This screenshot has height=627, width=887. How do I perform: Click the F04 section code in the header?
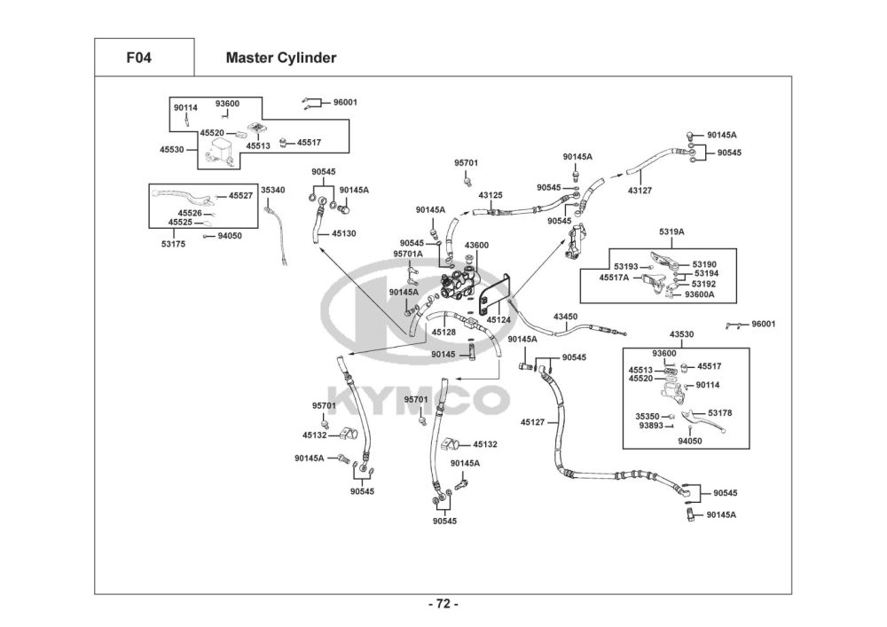(138, 59)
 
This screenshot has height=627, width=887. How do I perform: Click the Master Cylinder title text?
(280, 59)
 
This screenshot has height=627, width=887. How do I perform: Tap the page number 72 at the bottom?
(443, 604)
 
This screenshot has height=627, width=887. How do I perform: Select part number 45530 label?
(172, 150)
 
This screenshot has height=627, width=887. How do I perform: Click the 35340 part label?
(272, 190)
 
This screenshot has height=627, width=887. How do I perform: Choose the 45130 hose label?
(344, 233)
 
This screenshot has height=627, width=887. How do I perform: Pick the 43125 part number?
(491, 194)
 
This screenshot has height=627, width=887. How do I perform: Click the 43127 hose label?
(640, 190)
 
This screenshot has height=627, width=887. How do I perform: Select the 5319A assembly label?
(671, 232)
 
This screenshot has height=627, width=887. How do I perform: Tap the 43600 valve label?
(476, 246)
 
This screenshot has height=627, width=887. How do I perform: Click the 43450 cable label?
(565, 316)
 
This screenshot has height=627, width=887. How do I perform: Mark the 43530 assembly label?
(681, 334)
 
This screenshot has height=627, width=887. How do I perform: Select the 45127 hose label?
(533, 422)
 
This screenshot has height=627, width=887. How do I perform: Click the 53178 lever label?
(720, 413)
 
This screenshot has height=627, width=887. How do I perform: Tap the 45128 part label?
(443, 332)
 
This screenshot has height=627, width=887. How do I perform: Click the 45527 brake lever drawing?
(182, 195)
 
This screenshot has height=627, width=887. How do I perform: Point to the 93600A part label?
(700, 295)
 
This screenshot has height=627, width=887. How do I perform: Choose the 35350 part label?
(648, 415)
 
